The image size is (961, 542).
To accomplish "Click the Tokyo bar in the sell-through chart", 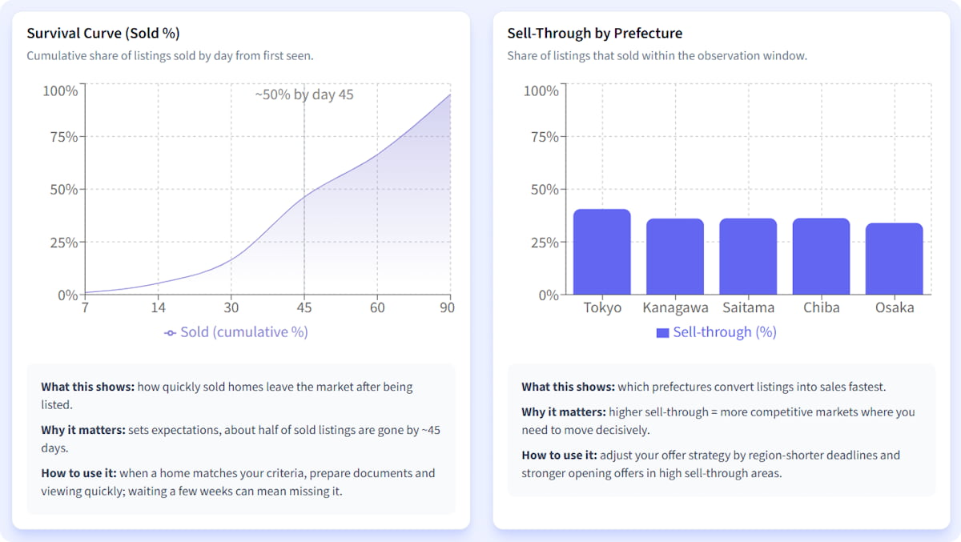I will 602,252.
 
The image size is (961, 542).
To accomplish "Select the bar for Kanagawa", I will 675,257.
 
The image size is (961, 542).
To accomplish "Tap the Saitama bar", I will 748,257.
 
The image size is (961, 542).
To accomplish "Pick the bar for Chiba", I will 821,257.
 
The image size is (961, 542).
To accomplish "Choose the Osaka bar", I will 894,259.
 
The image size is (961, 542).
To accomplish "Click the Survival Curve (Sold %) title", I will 103,34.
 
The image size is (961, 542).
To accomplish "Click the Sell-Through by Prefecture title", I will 595,34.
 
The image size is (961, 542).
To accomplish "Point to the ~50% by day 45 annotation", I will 304,94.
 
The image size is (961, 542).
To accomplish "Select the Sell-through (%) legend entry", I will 717,332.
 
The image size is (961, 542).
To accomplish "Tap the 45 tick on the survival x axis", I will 304,307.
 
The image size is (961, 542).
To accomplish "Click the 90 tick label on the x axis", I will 447,307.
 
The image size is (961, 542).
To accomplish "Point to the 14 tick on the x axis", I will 159,307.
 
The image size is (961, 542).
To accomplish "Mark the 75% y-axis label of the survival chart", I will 61,137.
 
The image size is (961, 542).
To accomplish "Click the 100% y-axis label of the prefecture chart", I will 541,90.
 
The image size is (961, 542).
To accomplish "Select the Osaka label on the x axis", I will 894,307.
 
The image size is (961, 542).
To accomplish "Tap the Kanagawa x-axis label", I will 675,307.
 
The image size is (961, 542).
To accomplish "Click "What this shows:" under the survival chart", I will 88,387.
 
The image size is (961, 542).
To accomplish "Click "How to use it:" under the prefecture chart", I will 559,455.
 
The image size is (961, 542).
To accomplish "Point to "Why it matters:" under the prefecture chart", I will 564,412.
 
